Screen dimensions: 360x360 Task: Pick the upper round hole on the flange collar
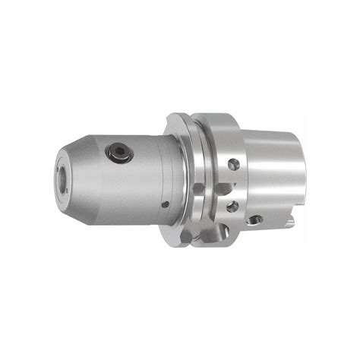(x=234, y=164)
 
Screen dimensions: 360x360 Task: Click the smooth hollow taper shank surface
(x=273, y=175)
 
